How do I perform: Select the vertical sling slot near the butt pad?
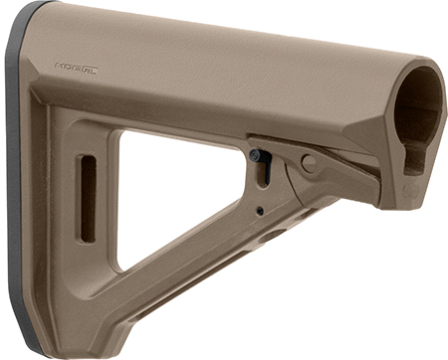87,198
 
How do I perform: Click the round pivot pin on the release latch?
309,163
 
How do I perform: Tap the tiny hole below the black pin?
260,211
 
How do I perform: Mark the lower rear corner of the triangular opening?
123,267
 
